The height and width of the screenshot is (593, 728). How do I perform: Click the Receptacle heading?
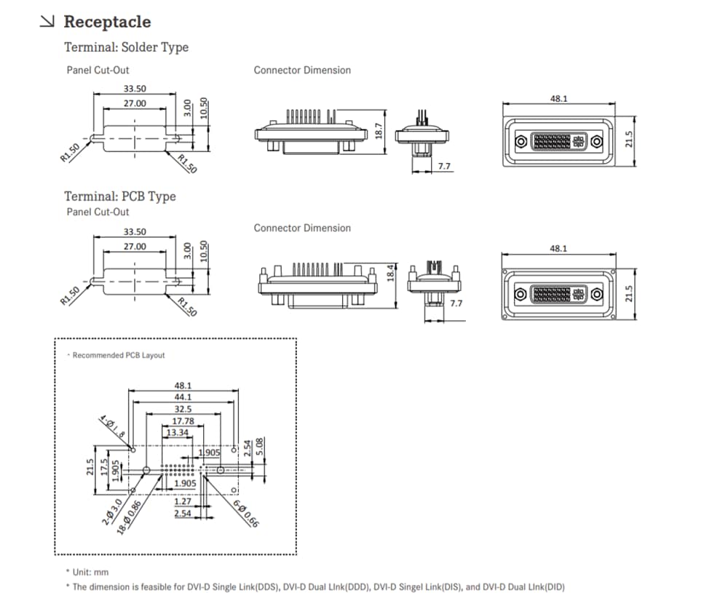(107, 22)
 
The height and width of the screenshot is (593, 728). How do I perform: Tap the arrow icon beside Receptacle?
(47, 22)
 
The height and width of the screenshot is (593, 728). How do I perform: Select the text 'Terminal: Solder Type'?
(126, 47)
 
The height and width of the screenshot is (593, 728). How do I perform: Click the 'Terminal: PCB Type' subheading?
(119, 196)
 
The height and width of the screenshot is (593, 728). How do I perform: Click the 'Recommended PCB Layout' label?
(118, 355)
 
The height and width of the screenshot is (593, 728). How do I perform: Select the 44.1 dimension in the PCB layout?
(182, 397)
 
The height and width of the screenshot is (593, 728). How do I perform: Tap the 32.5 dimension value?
(182, 410)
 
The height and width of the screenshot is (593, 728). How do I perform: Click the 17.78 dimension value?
(182, 421)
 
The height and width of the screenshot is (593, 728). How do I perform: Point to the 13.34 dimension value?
(178, 433)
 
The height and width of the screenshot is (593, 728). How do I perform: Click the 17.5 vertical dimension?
(105, 465)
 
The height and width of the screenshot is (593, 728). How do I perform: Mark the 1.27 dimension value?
(183, 501)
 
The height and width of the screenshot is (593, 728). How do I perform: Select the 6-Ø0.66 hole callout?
(245, 514)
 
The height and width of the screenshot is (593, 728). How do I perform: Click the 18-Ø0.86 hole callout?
(130, 517)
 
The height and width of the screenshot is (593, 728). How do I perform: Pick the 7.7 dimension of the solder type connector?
(444, 167)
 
